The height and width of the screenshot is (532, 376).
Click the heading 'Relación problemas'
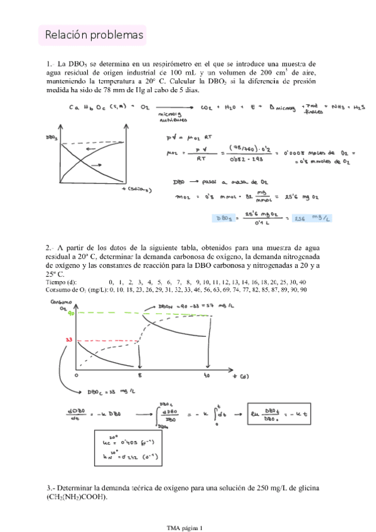click(x=93, y=36)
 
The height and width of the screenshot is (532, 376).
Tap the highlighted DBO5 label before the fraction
click(x=224, y=218)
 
